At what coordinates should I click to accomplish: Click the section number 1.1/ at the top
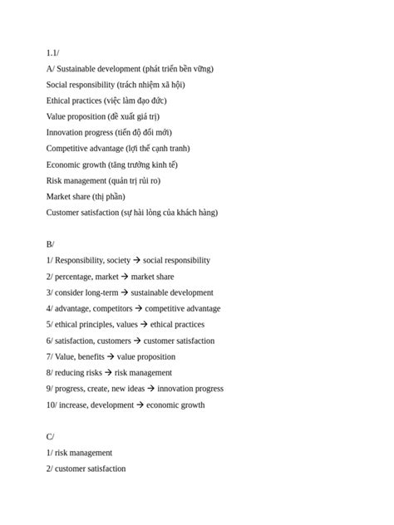coord(52,52)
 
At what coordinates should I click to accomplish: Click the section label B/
coord(50,244)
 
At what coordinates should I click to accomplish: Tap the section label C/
coord(50,436)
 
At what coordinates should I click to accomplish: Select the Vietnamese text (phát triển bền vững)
coord(178,68)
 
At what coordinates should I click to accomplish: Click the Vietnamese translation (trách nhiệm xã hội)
coord(151,84)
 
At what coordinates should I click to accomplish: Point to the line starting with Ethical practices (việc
coord(106,101)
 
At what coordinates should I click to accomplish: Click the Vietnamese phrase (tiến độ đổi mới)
coord(143,132)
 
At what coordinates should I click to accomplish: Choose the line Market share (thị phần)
coord(86,196)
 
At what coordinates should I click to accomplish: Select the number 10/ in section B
coord(52,405)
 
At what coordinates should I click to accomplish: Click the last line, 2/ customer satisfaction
coord(86,469)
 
